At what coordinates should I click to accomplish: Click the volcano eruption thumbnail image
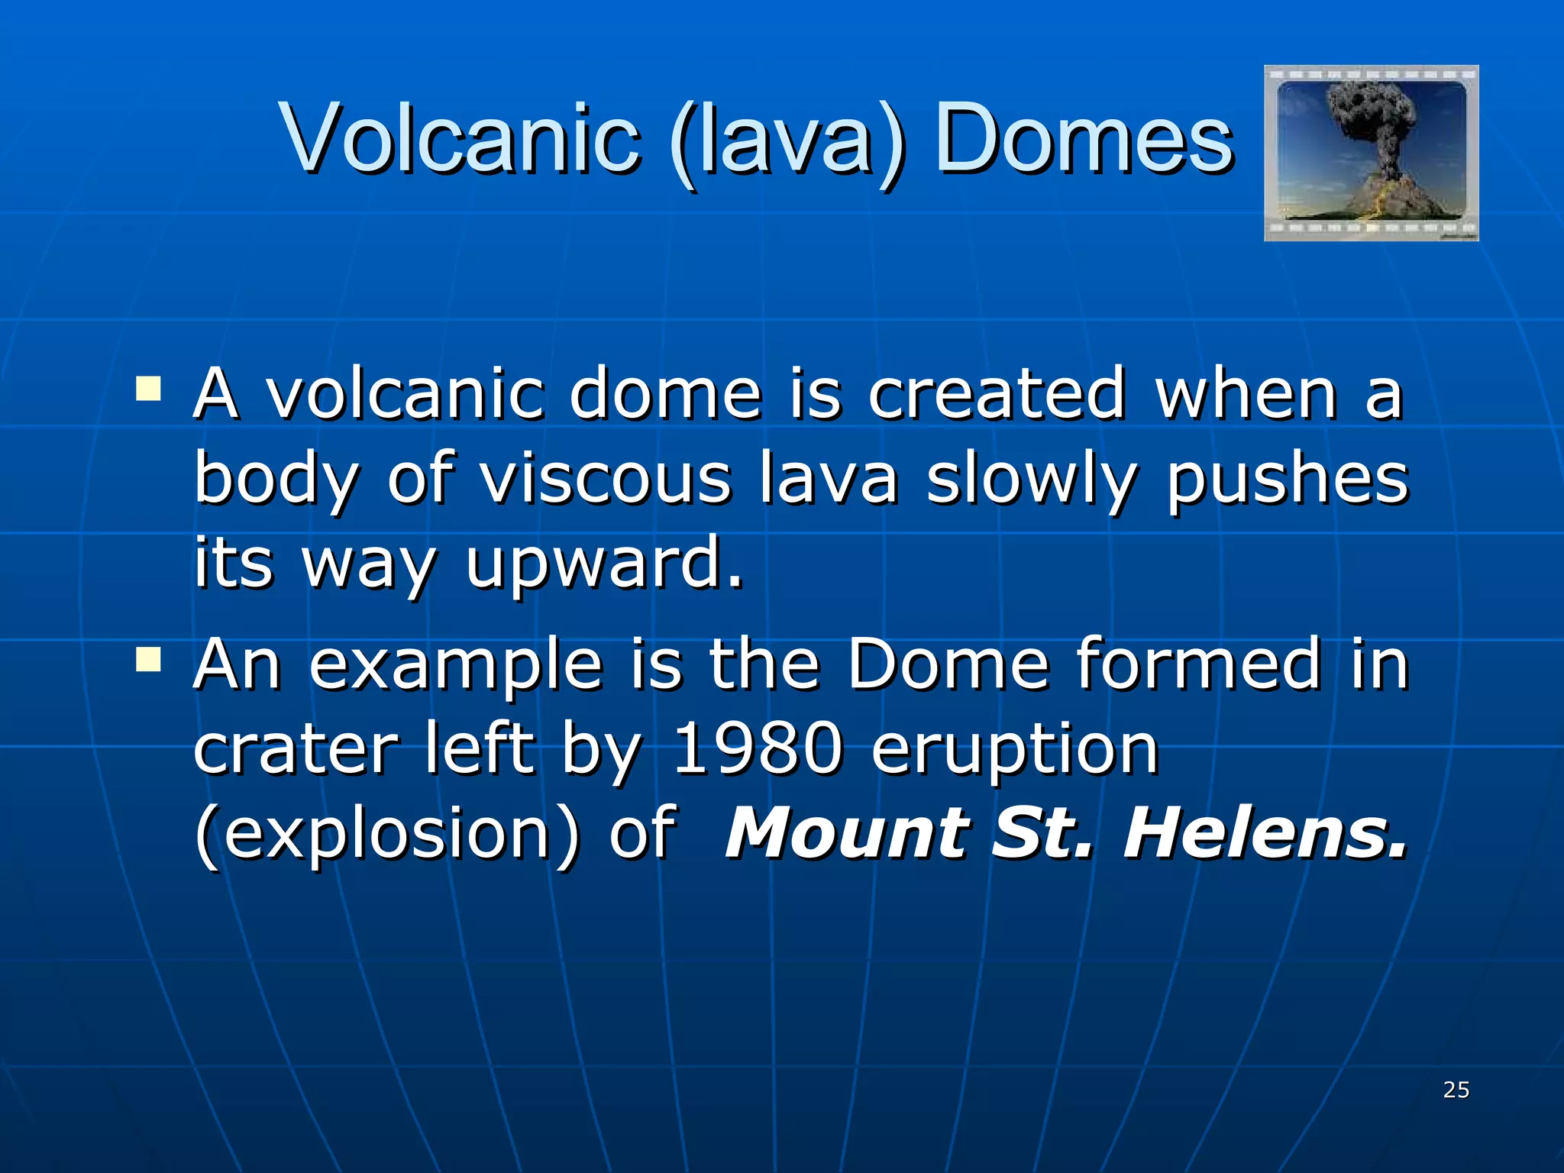click(1371, 153)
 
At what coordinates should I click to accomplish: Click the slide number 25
click(1456, 1090)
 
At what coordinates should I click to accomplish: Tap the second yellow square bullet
click(148, 659)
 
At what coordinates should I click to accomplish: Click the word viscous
click(605, 480)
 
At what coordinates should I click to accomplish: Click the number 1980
click(758, 750)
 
